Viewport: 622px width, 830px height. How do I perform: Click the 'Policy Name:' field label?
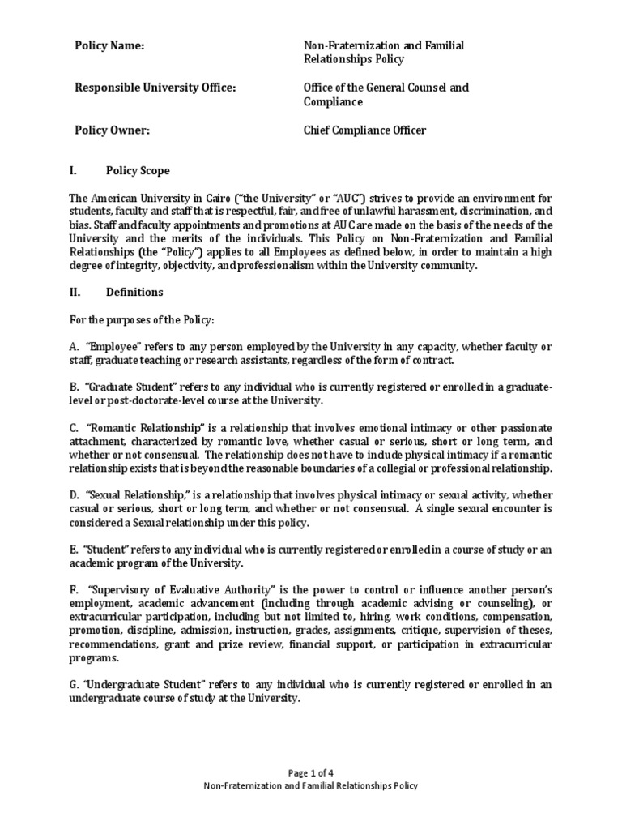pos(110,46)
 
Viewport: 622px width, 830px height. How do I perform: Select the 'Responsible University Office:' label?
pos(155,88)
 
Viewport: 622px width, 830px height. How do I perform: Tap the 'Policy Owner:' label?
pos(113,130)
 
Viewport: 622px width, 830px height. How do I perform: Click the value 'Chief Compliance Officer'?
pos(364,130)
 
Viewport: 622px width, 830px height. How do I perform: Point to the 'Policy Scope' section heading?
pos(138,171)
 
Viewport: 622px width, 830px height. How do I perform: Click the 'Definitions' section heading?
pos(134,292)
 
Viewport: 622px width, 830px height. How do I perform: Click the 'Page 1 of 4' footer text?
pos(310,773)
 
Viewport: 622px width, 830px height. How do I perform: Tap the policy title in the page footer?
pos(310,786)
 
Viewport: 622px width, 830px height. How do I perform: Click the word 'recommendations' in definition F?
pos(107,644)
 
